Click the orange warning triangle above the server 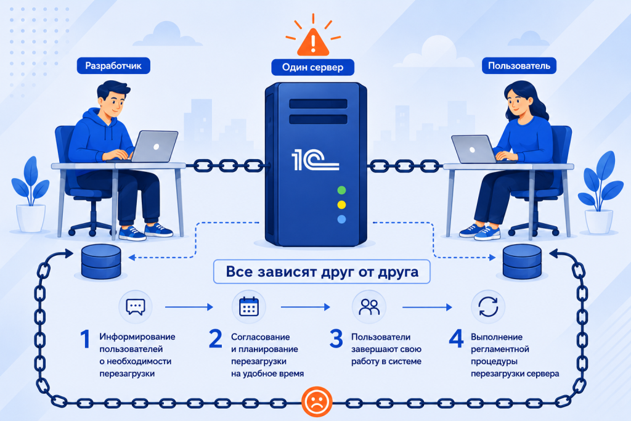[x=312, y=43]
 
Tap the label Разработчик [x=113, y=66]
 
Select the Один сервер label [x=312, y=67]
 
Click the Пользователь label [x=519, y=66]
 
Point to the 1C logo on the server [x=315, y=160]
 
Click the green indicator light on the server [x=341, y=190]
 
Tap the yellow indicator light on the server [x=341, y=205]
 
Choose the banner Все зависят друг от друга [x=322, y=272]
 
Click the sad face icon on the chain [x=317, y=402]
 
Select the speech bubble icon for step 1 [x=136, y=307]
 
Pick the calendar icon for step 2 [x=249, y=307]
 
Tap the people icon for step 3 [x=369, y=307]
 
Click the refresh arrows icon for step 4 [x=488, y=307]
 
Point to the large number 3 [x=336, y=339]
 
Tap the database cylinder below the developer [x=101, y=261]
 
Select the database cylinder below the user [x=522, y=261]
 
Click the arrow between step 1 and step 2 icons [x=189, y=307]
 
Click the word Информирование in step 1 [x=137, y=337]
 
